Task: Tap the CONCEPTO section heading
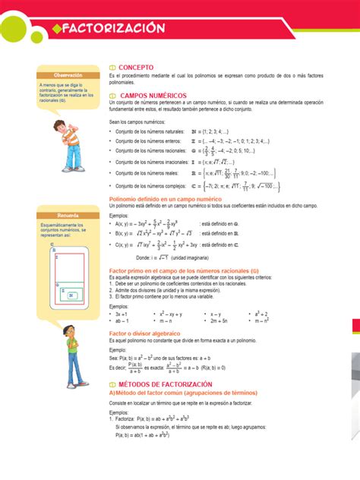pos(136,67)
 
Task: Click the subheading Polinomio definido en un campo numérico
pos(168,198)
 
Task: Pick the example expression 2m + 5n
pos(220,321)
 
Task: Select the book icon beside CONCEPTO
pos(113,68)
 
